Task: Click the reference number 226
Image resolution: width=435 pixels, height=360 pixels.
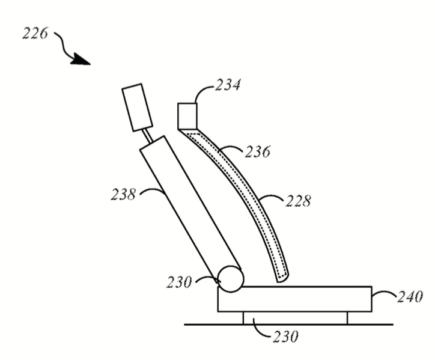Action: [35, 33]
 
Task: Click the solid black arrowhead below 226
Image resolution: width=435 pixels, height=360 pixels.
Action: [81, 59]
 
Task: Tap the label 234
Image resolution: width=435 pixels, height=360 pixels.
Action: [228, 85]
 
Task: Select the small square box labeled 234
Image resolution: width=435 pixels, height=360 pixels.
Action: [187, 116]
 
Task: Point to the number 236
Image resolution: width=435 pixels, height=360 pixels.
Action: [257, 152]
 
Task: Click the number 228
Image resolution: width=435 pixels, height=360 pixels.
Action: [298, 201]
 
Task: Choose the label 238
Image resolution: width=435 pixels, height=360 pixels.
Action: [123, 194]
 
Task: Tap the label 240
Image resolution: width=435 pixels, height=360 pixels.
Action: [410, 297]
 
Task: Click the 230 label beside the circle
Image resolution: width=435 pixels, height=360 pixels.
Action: [179, 282]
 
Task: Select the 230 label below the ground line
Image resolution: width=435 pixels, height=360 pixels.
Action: [285, 337]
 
